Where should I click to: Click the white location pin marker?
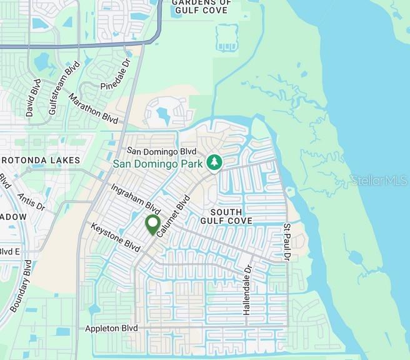[152, 224]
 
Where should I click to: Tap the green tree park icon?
[214, 162]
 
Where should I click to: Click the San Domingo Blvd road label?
[161, 151]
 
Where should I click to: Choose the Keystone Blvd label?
[115, 235]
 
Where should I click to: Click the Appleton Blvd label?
[111, 328]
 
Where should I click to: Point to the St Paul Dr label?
[287, 241]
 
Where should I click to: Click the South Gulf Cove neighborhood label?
[226, 216]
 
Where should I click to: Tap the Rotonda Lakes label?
[41, 161]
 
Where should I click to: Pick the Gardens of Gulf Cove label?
[201, 6]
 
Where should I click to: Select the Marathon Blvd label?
[93, 108]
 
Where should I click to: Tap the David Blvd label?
[33, 97]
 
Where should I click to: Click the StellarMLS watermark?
[379, 180]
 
